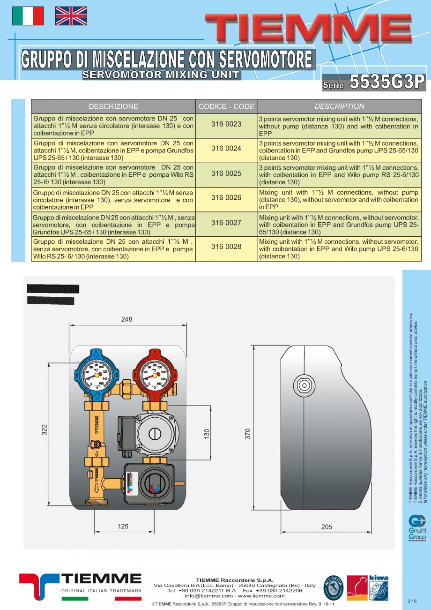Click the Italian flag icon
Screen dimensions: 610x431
pyautogui.click(x=28, y=16)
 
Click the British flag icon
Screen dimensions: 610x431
pyautogui.click(x=71, y=16)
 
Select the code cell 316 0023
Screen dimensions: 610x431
pyautogui.click(x=226, y=124)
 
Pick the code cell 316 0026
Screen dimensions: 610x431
pyautogui.click(x=226, y=197)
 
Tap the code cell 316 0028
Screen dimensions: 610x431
pyautogui.click(x=226, y=247)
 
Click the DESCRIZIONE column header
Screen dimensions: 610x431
pyautogui.click(x=113, y=106)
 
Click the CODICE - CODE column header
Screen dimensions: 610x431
pyautogui.click(x=226, y=106)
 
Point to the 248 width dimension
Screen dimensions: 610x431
pyautogui.click(x=126, y=319)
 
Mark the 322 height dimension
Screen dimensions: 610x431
pyautogui.click(x=45, y=429)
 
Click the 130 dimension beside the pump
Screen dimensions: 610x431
pyautogui.click(x=207, y=434)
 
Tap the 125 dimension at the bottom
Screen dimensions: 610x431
pyautogui.click(x=123, y=527)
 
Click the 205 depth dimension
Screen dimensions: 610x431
pyautogui.click(x=327, y=527)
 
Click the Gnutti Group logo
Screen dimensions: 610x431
pyautogui.click(x=417, y=528)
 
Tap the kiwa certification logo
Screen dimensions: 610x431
pyautogui.click(x=379, y=588)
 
